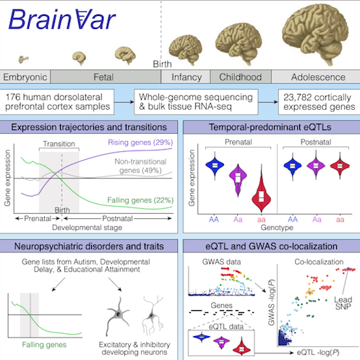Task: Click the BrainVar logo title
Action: pyautogui.click(x=62, y=20)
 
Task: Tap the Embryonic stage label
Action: pyautogui.click(x=25, y=77)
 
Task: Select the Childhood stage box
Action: pyautogui.click(x=241, y=77)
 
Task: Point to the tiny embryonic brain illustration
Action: pyautogui.click(x=23, y=59)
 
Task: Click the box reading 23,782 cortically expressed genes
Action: pyautogui.click(x=319, y=102)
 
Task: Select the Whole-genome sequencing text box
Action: pyautogui.click(x=196, y=102)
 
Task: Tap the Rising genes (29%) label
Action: pyautogui.click(x=140, y=142)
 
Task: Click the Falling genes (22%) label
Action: pyautogui.click(x=140, y=200)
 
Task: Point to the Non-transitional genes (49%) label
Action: pyautogui.click(x=140, y=166)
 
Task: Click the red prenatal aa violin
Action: pyautogui.click(x=262, y=189)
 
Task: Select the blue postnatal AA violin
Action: pyautogui.click(x=293, y=166)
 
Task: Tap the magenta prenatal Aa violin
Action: pyautogui.click(x=238, y=179)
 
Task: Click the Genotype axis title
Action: pyautogui.click(x=277, y=228)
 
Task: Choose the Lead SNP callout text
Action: pyautogui.click(x=343, y=303)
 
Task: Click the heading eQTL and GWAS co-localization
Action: pyautogui.click(x=271, y=247)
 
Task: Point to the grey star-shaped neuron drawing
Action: pyautogui.click(x=118, y=316)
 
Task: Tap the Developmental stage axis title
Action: pyautogui.click(x=87, y=228)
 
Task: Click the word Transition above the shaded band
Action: pyautogui.click(x=59, y=144)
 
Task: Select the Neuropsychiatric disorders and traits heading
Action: pyautogui.click(x=89, y=247)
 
